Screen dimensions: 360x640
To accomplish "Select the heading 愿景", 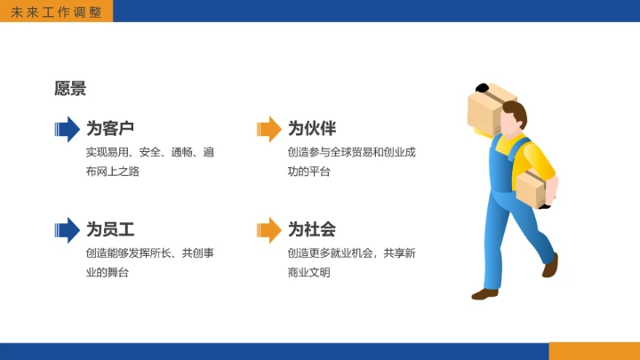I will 70,88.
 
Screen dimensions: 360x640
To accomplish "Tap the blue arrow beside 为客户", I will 67,129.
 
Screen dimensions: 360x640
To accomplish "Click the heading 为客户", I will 110,128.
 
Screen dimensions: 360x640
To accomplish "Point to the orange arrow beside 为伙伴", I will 268,129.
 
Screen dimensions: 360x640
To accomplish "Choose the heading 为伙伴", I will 312,128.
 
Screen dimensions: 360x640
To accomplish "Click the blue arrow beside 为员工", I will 67,230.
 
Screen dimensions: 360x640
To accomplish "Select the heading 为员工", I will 110,229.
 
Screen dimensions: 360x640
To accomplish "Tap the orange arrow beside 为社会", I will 268,230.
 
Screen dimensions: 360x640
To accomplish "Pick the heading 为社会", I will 312,229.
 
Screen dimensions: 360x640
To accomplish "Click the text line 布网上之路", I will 113,172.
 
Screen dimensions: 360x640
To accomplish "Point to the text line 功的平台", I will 309,172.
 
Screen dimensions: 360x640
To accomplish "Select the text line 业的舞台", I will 108,273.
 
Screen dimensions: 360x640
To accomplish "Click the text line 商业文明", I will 309,273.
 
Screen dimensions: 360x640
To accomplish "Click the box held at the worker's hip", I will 531,188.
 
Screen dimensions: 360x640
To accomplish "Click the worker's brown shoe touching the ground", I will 485,293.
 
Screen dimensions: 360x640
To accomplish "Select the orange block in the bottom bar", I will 594,351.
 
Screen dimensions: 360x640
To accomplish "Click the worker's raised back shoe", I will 551,265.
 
